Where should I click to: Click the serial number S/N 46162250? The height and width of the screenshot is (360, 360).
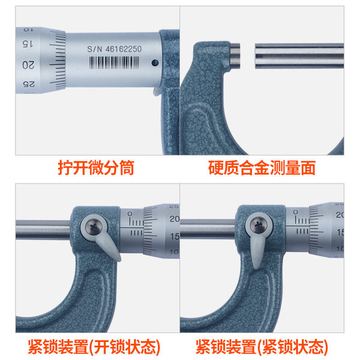point(114,49)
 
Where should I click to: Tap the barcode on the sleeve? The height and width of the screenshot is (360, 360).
point(114,62)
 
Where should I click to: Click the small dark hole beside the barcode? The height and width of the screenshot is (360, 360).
point(155,62)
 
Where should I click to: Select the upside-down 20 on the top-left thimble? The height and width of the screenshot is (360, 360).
point(28,65)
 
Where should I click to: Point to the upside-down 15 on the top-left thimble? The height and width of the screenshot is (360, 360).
point(28,43)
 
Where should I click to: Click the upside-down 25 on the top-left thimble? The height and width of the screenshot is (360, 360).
point(29,84)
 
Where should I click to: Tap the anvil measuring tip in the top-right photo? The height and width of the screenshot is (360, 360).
point(235,56)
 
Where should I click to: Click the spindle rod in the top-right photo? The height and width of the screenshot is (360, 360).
point(299,56)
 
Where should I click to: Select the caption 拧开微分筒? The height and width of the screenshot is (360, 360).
point(96,168)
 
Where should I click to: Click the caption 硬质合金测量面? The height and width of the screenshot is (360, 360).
point(262,168)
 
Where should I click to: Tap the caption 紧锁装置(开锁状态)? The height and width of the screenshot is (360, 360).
point(94,347)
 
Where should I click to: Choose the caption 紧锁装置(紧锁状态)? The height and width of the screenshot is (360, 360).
point(262,347)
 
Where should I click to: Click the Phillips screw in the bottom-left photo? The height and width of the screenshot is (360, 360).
point(94,227)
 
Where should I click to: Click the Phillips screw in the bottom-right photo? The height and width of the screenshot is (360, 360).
point(258,225)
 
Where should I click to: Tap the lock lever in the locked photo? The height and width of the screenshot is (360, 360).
point(257,251)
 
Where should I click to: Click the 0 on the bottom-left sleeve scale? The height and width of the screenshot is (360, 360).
point(130,214)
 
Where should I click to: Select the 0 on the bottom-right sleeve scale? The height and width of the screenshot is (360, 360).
point(295,212)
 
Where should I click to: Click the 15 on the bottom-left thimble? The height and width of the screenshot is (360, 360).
point(175,236)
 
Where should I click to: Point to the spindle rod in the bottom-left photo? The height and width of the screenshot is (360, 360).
point(43,229)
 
